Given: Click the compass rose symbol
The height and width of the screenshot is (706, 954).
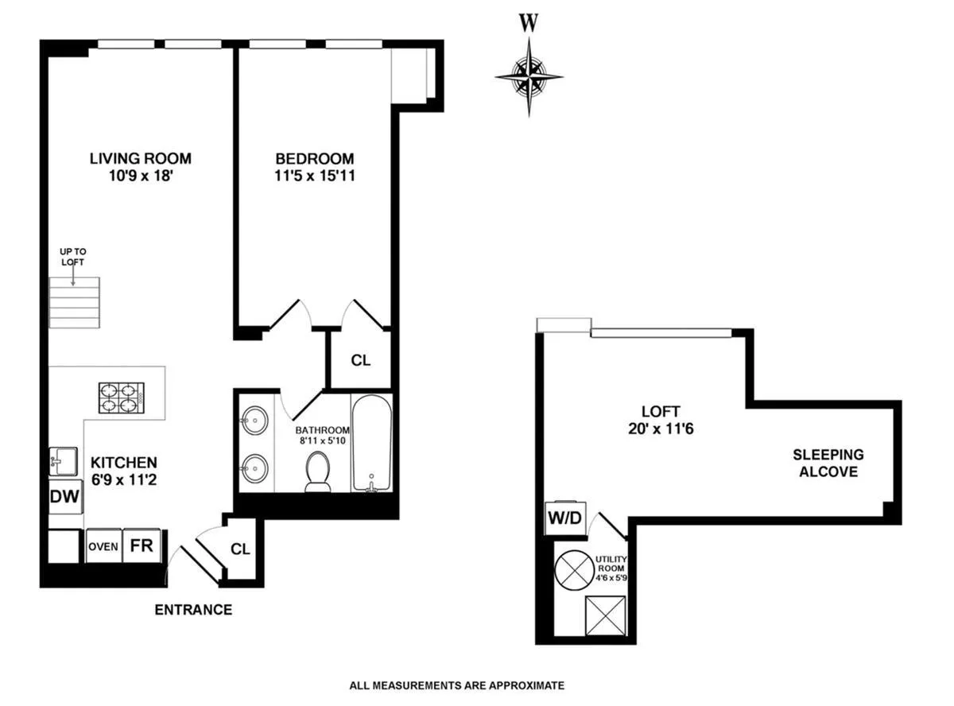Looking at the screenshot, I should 529,77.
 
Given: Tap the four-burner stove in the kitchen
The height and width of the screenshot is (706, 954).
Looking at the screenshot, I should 120,398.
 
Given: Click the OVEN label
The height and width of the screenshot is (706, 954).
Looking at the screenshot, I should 103,546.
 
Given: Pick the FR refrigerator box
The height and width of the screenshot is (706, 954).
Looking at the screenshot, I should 142,546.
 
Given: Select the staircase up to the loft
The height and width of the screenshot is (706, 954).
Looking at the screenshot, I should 75,303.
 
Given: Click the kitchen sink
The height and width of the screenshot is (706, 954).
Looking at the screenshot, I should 63,460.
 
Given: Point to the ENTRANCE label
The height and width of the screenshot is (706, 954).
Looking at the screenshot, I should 193,610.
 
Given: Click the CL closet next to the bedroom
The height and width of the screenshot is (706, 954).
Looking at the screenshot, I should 361,359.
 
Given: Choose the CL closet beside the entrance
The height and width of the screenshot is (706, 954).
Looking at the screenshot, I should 241,549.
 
